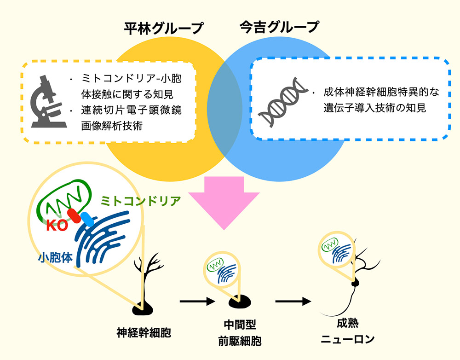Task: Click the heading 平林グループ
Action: tap(164, 29)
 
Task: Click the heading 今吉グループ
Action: tap(279, 27)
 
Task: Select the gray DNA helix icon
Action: tap(282, 102)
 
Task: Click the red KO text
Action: tap(57, 226)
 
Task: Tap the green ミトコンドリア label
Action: tap(140, 201)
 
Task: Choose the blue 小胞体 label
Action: tap(56, 257)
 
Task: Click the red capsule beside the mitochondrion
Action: tap(74, 216)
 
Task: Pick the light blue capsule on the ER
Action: tap(87, 219)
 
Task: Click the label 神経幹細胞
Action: tap(144, 333)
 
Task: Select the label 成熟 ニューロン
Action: tap(348, 331)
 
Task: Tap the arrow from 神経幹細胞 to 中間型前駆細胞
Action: tap(197, 301)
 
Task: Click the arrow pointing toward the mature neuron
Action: tap(293, 301)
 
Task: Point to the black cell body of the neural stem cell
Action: tap(143, 309)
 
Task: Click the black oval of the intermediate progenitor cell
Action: tap(240, 301)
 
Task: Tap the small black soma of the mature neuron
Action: tap(355, 283)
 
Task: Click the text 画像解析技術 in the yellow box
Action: tap(112, 126)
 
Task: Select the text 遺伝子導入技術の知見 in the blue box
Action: tap(374, 108)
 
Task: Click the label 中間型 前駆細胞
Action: tap(240, 333)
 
